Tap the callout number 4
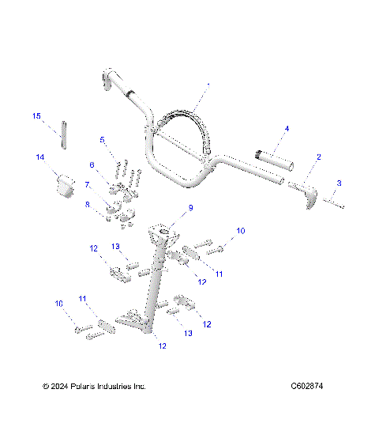coord(287,128)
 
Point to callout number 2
coord(318,157)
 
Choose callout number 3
coord(339,183)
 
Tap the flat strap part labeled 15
coord(62,133)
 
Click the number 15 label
coord(36,116)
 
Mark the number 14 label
coord(39,157)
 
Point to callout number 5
coord(102,140)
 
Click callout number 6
coord(92,164)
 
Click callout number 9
coord(189,209)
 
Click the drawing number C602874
coord(307,386)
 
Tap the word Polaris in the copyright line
coord(84,386)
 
